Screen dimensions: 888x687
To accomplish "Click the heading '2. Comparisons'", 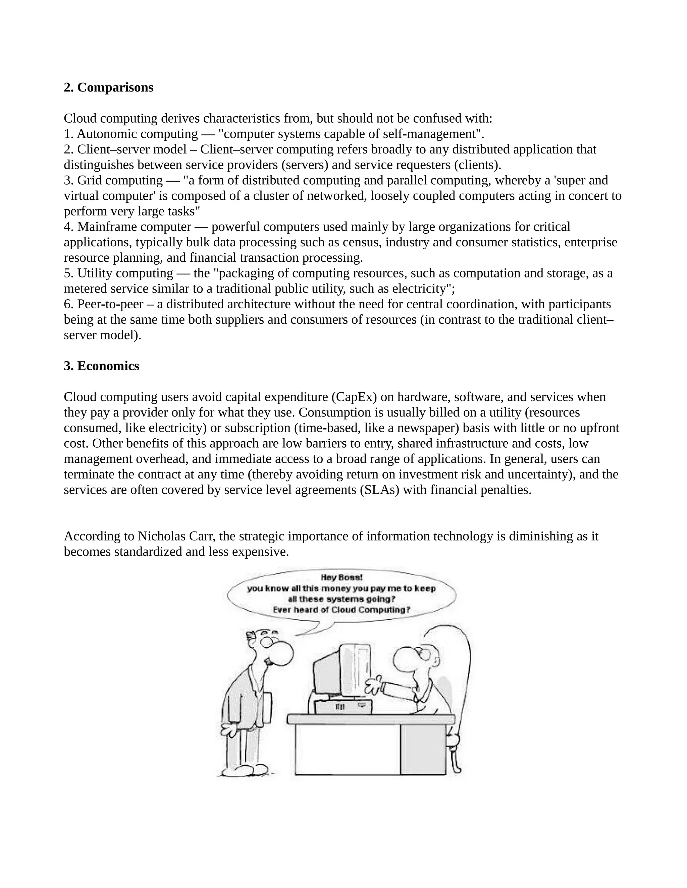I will point(108,87).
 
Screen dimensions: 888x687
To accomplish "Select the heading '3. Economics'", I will point(101,366).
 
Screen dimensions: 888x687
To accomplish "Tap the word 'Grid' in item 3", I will point(90,180).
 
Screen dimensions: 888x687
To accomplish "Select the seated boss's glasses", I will point(424,653).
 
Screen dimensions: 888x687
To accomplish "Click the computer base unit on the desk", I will point(343,707).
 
